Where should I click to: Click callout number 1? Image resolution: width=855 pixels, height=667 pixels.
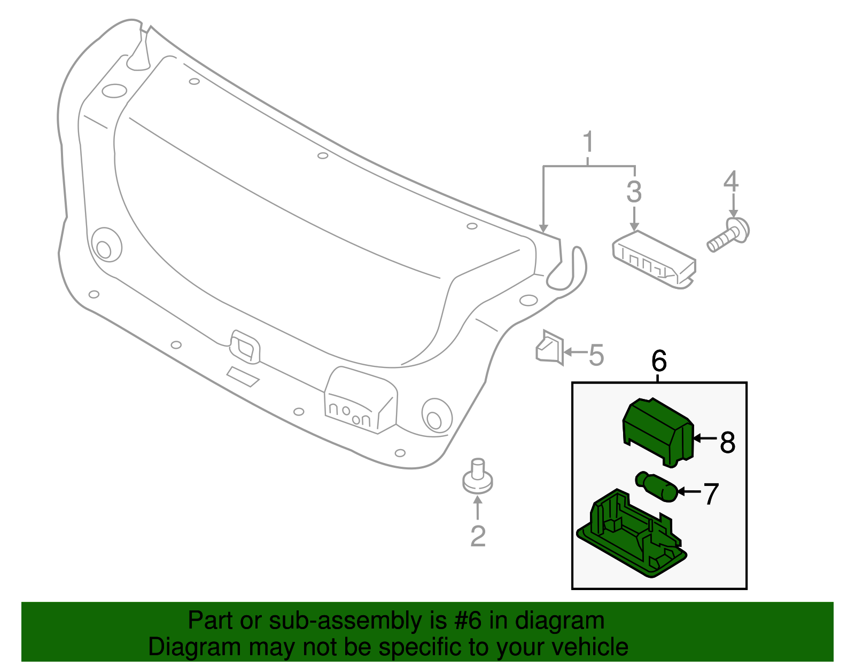coord(588,142)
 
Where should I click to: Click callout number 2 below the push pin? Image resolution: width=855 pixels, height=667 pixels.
coord(478,536)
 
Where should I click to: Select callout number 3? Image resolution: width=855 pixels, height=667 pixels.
coord(634,192)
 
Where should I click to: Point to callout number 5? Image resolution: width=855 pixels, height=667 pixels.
coord(596,355)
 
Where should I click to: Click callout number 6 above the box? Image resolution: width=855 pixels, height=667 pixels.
coord(659,362)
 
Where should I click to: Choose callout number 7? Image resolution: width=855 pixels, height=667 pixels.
coord(711,494)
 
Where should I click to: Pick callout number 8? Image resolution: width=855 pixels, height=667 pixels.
coord(727,443)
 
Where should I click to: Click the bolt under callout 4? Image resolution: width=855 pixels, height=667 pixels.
coord(729,236)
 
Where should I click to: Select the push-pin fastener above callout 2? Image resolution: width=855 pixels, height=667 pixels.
coord(477,476)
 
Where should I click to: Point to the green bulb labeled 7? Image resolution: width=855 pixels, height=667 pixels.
coord(657,486)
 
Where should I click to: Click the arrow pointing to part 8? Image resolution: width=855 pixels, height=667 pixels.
coord(704,438)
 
